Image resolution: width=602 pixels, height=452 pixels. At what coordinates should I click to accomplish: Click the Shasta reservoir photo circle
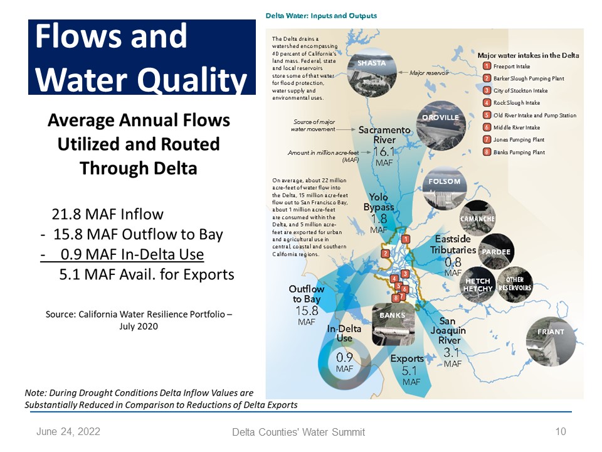point(372,72)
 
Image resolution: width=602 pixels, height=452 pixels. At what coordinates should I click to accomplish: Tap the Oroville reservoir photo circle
point(441,126)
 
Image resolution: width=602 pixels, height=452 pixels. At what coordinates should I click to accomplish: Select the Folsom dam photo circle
point(445,188)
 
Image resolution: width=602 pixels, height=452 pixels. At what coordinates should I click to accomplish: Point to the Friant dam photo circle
point(551,341)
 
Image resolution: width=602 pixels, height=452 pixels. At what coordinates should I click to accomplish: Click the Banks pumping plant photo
point(393,324)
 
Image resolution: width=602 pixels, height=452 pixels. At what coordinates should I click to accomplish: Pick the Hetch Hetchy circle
point(478,284)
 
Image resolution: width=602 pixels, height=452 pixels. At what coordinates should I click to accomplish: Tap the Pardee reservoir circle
point(496,251)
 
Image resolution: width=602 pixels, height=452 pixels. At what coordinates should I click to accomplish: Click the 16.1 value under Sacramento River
point(384,152)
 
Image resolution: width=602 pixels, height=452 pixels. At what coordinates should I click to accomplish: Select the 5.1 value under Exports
point(409,371)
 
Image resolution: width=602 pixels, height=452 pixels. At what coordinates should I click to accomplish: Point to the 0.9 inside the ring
point(344,357)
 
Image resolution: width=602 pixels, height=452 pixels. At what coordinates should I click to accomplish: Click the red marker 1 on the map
point(406,239)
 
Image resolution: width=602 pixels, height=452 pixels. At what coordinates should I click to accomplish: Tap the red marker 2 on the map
point(385,253)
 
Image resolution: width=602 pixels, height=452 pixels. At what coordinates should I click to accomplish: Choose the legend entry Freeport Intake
point(512,67)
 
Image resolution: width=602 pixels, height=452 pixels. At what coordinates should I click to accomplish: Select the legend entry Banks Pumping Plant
point(519,152)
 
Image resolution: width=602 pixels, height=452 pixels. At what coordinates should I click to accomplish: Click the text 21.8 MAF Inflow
point(107,214)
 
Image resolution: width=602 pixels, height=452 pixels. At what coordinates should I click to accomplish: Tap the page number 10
point(561,431)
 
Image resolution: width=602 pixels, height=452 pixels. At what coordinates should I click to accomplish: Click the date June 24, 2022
point(68,432)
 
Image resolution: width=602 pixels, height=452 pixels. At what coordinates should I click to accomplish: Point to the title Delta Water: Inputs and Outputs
point(321,16)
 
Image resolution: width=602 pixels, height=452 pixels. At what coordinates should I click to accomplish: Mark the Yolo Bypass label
point(379,202)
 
